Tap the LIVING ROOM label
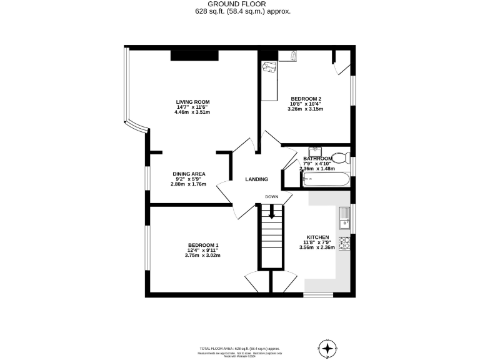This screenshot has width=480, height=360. [192, 102]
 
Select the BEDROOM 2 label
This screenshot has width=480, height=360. [306, 99]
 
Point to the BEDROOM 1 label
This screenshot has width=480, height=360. [203, 245]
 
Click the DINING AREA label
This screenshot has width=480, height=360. [189, 174]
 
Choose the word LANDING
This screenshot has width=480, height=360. [256, 179]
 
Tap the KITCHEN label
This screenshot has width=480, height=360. [317, 237]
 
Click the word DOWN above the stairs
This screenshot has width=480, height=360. [271, 197]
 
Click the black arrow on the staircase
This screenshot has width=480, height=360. [271, 212]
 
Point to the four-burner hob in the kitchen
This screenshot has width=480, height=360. [344, 241]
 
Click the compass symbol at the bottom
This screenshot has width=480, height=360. [328, 347]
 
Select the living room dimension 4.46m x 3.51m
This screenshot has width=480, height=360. [192, 112]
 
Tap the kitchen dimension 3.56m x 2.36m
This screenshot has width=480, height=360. [317, 247]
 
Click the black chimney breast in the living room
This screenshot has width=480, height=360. [194, 56]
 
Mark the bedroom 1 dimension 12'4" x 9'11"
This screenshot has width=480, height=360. [203, 251]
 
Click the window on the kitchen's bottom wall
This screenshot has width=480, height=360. [318, 294]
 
